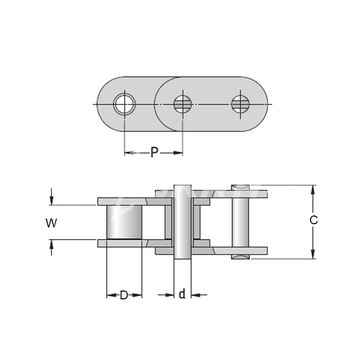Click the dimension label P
pos(154,153)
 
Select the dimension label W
pos(51,223)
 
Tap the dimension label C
pos(313,221)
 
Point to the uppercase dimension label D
pos(124,296)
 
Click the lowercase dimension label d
pos(182,295)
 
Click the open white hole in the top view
pos(124,104)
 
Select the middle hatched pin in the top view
pos(182,104)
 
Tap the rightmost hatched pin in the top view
pos(240,104)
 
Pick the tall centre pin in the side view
pos(183,221)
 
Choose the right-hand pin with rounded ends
pos(240,221)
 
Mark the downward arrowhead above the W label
pos(51,201)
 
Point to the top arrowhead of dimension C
pos(313,189)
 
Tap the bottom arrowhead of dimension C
pos(313,254)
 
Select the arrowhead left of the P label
pos(129,153)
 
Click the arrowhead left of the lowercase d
pos(170,295)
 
